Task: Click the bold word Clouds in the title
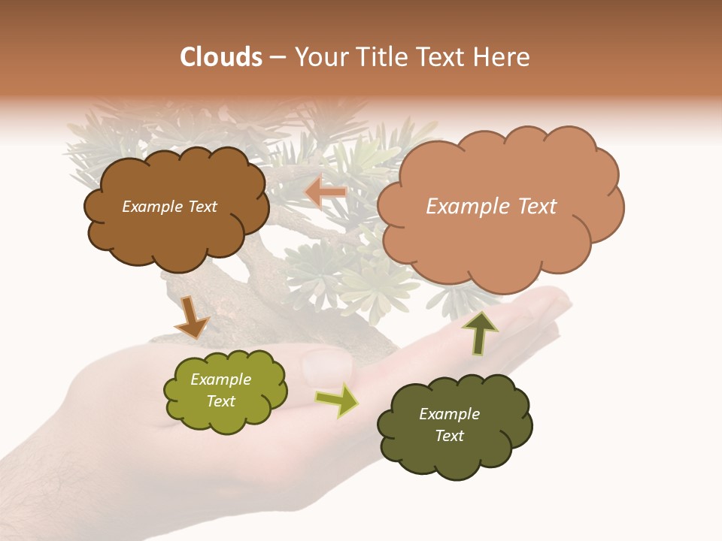[220, 57]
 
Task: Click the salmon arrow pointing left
[325, 192]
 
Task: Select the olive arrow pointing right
[337, 400]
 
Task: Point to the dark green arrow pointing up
[480, 333]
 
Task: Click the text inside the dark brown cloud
[169, 207]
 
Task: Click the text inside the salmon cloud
[491, 206]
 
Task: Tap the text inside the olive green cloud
[221, 390]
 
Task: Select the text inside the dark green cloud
[449, 425]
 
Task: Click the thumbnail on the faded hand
[326, 365]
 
